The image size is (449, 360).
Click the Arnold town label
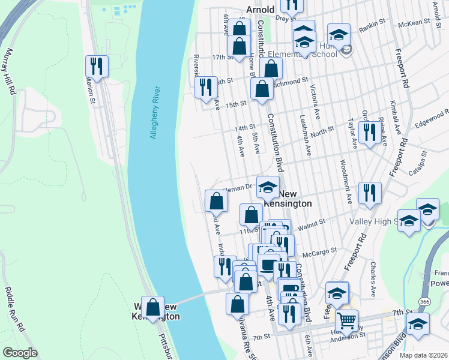pyautogui.click(x=260, y=10)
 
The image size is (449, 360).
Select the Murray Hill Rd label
pyautogui.click(x=10, y=73)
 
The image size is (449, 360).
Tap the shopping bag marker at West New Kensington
pyautogui.click(x=154, y=307)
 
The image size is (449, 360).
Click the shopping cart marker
pyautogui.click(x=346, y=321)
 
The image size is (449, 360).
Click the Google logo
pyautogui.click(x=20, y=353)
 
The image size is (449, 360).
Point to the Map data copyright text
pyautogui.click(x=423, y=355)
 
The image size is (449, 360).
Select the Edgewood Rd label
pyautogui.click(x=430, y=115)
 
